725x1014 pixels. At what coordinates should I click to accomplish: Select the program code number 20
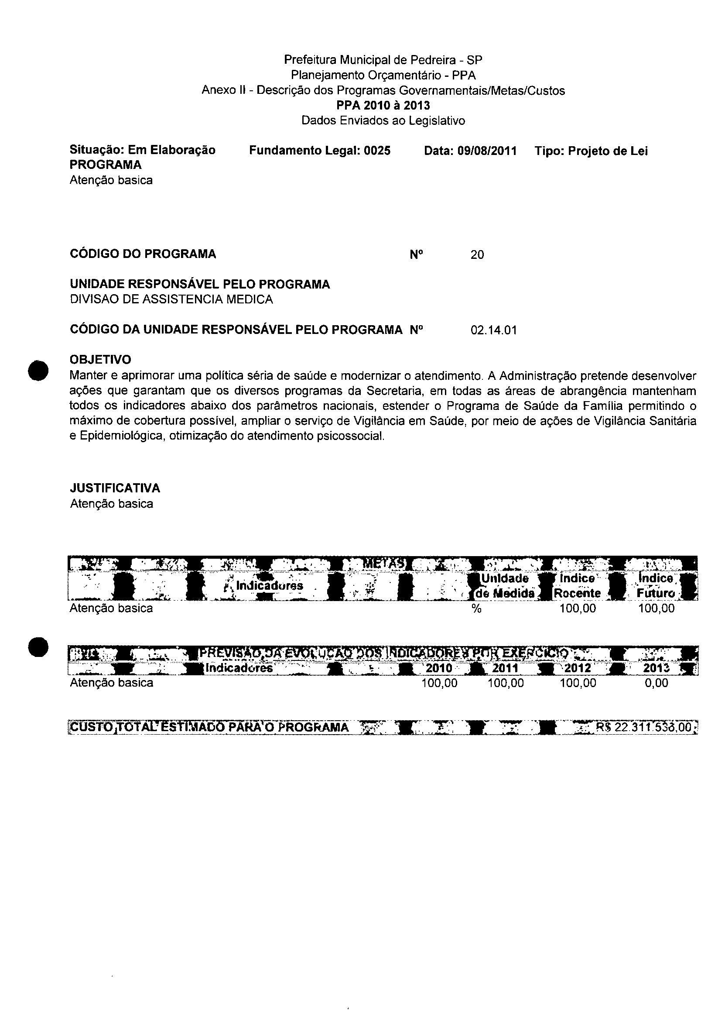[477, 254]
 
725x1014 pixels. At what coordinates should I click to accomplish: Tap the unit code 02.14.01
[493, 330]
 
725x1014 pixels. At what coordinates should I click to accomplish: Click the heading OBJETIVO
[100, 359]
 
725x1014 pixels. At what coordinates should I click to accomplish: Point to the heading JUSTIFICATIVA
[115, 488]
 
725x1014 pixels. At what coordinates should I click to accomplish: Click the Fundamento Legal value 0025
[377, 151]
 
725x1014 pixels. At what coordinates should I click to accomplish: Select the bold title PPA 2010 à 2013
[383, 106]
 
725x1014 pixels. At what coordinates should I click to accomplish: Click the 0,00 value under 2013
[656, 683]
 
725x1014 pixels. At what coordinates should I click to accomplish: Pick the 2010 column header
[439, 668]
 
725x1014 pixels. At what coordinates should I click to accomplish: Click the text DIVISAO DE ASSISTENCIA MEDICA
[171, 299]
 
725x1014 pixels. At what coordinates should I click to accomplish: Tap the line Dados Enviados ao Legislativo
[383, 120]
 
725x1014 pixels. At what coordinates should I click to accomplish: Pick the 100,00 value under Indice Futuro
[656, 608]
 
